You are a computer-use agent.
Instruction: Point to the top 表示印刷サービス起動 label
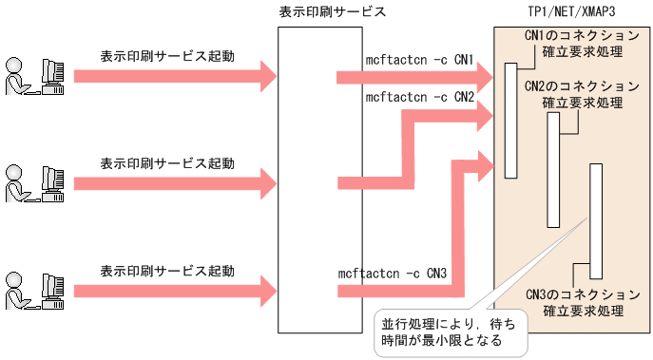pos(166,56)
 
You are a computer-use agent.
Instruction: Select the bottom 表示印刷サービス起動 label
pos(166,271)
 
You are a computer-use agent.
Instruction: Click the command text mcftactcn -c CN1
pos(419,60)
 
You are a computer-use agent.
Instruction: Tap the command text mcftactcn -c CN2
pos(419,97)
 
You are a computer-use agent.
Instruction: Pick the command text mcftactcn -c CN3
pos(393,274)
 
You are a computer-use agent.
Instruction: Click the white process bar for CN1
pos(511,121)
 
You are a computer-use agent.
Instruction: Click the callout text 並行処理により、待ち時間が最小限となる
pos(448,332)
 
